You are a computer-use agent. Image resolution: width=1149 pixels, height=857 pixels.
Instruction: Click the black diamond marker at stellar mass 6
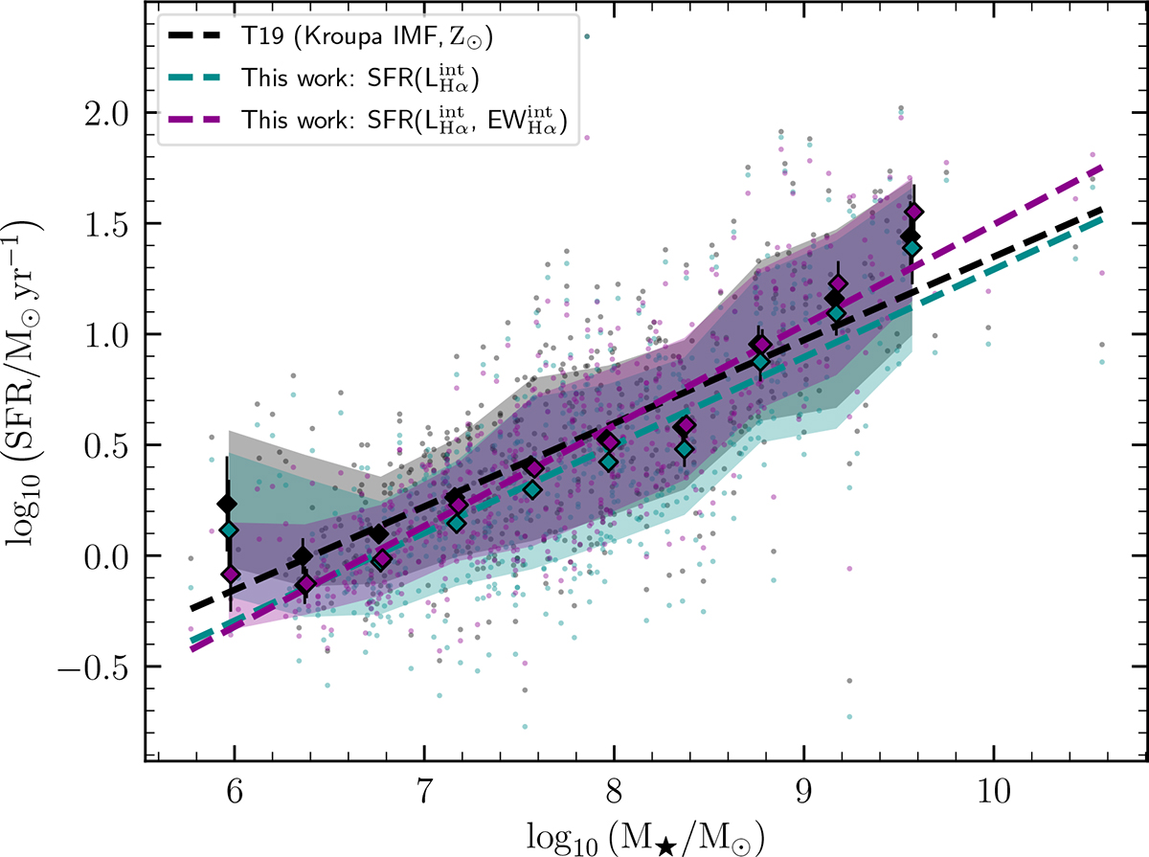tap(227, 504)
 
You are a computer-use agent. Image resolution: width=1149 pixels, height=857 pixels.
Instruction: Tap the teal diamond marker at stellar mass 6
tap(228, 530)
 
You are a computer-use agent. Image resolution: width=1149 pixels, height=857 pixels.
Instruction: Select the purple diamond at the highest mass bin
tap(914, 212)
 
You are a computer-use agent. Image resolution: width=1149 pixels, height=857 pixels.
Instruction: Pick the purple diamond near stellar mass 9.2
tap(839, 283)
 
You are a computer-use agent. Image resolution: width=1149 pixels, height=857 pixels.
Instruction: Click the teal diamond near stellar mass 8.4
tap(684, 448)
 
